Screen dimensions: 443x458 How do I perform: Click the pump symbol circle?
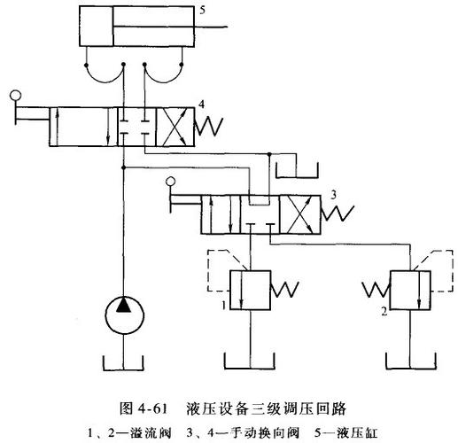122,315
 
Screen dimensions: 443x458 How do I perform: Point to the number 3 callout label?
333,192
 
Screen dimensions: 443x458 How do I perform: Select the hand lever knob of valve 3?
172,183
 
